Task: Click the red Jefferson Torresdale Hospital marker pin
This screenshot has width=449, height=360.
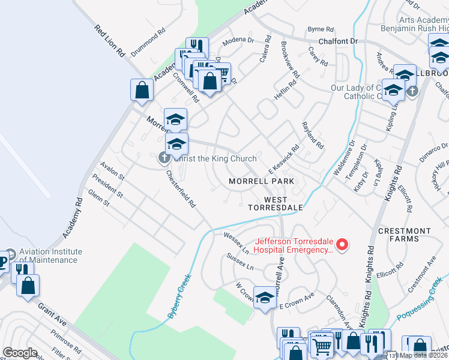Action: (x=342, y=244)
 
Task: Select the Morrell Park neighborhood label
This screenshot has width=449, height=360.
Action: (x=261, y=181)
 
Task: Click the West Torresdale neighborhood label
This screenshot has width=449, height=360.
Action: (x=276, y=203)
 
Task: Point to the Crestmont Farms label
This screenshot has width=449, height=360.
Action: (x=405, y=235)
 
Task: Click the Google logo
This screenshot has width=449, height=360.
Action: (x=20, y=353)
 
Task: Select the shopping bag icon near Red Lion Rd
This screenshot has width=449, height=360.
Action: (x=142, y=90)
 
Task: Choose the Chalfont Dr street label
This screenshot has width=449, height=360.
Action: (x=338, y=41)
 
